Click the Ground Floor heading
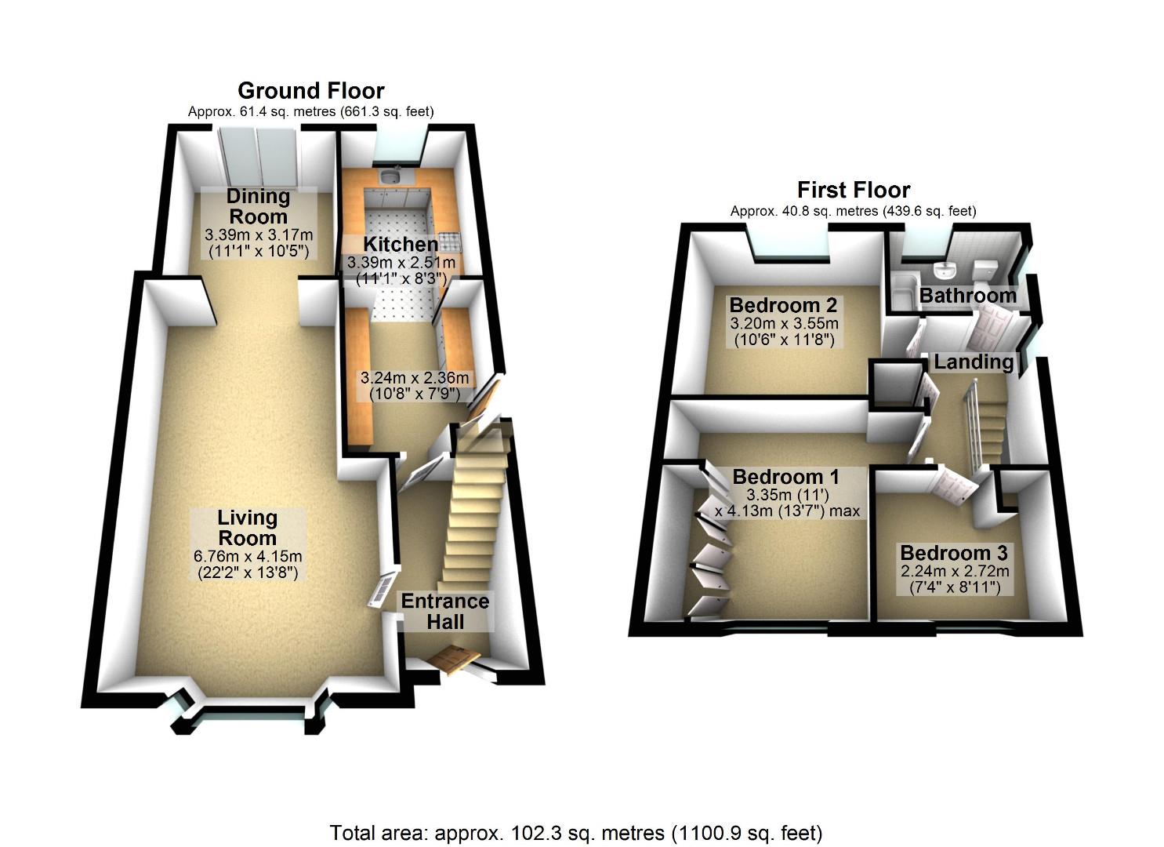(x=310, y=91)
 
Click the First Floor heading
(x=853, y=190)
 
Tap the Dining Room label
(x=258, y=206)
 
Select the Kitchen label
(x=401, y=244)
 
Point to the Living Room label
(x=247, y=528)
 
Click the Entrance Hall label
(x=445, y=611)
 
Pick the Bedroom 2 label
(x=783, y=305)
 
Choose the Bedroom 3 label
(x=953, y=553)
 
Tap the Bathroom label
(x=967, y=296)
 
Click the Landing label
(x=974, y=362)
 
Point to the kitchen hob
(x=449, y=238)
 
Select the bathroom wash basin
(x=947, y=271)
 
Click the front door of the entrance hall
(x=453, y=660)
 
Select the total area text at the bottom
(x=576, y=832)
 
